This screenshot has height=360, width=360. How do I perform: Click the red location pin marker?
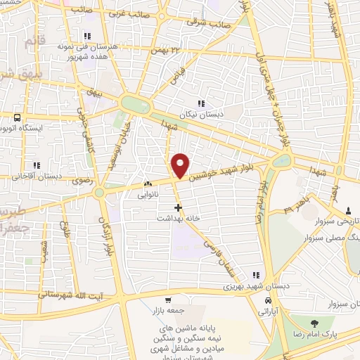click(181, 165)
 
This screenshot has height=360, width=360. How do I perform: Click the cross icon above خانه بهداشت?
click(179, 208)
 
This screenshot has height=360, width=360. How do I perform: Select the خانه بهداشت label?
click(179, 219)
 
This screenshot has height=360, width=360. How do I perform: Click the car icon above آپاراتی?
click(267, 300)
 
